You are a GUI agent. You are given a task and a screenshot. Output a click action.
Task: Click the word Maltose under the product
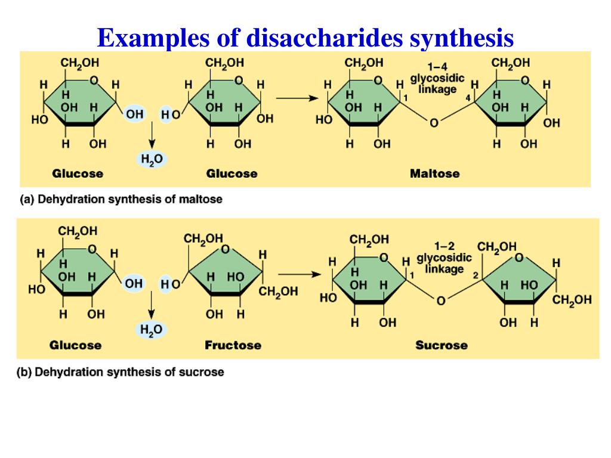tap(434, 174)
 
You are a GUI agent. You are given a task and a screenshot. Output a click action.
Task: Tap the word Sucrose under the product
tap(441, 345)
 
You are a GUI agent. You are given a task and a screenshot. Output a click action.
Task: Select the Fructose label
tap(233, 345)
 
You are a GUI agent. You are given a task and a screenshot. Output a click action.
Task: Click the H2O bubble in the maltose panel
tap(152, 159)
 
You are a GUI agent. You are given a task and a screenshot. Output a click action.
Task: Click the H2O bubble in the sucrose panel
tap(152, 330)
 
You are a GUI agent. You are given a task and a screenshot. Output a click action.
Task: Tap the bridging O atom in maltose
tap(434, 123)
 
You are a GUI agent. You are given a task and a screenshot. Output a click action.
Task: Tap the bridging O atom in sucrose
tap(441, 301)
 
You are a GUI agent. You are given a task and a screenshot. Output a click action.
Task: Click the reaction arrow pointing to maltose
tap(297, 99)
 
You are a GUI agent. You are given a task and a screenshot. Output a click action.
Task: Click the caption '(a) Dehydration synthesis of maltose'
tap(121, 199)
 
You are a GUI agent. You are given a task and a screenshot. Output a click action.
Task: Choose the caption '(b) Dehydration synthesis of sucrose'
tap(121, 372)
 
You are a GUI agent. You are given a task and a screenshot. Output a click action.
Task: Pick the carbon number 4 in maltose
tap(468, 98)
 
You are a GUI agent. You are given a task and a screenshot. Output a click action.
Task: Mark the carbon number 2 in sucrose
tap(476, 276)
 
